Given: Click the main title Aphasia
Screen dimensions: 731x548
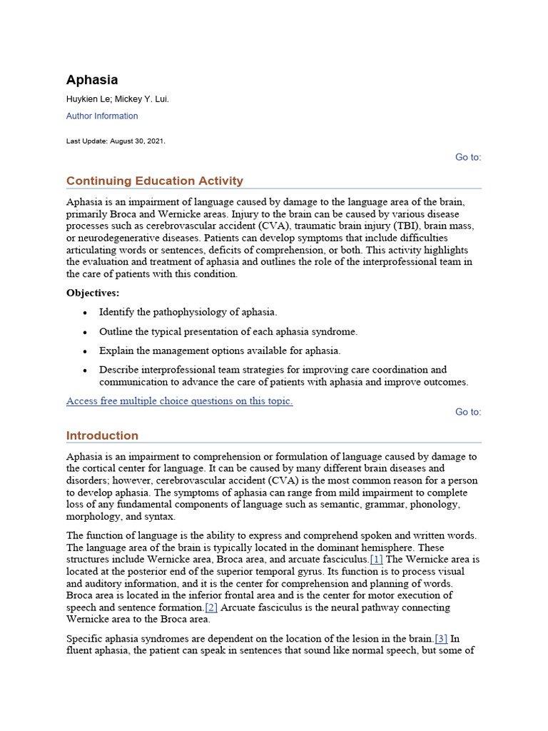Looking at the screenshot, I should coord(92,80).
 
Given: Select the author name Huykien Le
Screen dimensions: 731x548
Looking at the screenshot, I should coord(88,99).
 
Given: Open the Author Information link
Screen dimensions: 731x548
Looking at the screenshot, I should coord(102,116).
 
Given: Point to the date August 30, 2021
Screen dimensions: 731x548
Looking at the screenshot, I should coord(137,141).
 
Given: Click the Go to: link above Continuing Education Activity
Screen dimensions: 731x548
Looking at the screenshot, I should coord(468,157).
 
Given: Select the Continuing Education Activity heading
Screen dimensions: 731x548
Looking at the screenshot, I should coord(154,181).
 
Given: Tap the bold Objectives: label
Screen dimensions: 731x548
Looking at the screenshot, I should coord(93,293).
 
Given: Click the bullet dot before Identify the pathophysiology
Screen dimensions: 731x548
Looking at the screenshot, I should coord(86,313).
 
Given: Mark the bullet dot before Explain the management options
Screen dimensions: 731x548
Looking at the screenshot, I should coord(86,351).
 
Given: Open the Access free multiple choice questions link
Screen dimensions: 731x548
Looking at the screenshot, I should coord(179,401).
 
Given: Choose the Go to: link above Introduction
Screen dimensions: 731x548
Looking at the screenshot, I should coord(468,412).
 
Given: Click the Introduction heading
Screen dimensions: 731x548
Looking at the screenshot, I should coord(102,435).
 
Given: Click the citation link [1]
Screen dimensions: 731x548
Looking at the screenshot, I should coord(377,559).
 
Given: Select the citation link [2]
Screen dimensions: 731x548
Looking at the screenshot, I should coord(211,608).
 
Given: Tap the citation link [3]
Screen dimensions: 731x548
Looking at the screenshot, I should coord(442,638).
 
